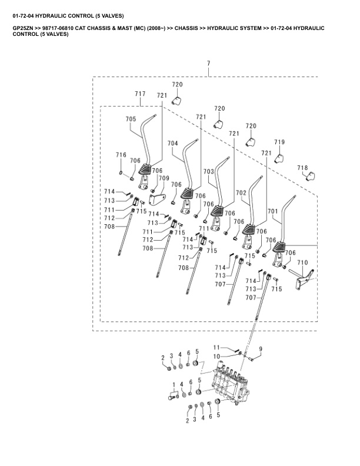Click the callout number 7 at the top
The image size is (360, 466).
[208, 63]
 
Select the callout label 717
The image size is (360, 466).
[140, 94]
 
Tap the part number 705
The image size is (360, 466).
[131, 119]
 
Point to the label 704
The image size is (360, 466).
[172, 144]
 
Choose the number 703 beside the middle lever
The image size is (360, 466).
[209, 171]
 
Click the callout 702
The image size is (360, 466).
[241, 193]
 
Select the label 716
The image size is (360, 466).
[121, 155]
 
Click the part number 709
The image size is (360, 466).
[164, 178]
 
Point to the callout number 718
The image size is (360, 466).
[302, 168]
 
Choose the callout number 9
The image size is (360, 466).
[260, 349]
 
